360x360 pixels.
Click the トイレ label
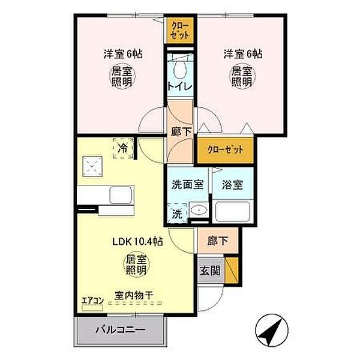(180, 86)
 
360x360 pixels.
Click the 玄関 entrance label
(211, 270)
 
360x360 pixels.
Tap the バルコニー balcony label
(120, 330)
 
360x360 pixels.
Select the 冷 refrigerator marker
(122, 146)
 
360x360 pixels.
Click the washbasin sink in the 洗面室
(197, 212)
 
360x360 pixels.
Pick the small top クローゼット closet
(181, 31)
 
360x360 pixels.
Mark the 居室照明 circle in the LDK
(136, 265)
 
